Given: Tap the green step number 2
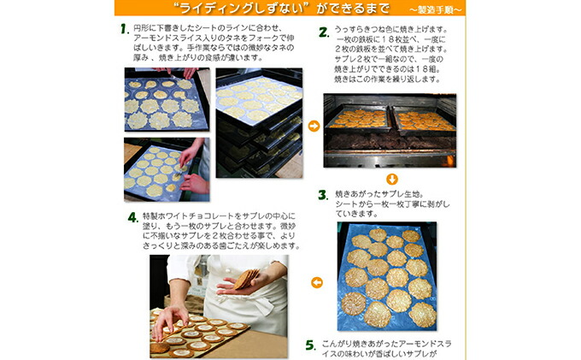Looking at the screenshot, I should (324, 32).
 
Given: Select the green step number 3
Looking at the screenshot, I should (323, 196).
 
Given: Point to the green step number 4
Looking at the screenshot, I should (133, 216).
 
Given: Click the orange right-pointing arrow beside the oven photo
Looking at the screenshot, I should (314, 126).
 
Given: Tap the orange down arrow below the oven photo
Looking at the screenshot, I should (391, 179).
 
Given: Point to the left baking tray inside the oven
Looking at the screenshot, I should (358, 118).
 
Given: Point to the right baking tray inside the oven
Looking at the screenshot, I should (424, 120).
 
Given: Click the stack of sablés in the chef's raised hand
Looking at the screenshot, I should (249, 278).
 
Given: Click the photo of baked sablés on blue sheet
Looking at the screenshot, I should (388, 274).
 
